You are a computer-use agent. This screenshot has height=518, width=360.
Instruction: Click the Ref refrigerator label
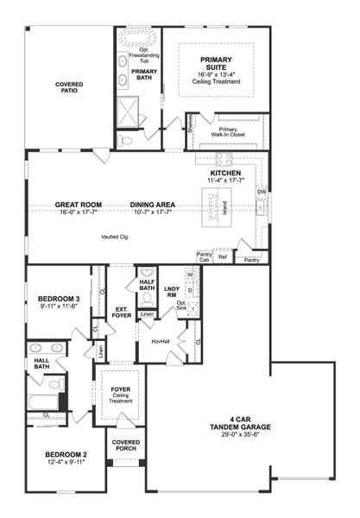click(x=223, y=256)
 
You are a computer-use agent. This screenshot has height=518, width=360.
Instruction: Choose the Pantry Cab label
click(x=205, y=256)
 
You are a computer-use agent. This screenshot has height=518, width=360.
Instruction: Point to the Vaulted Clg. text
click(x=114, y=236)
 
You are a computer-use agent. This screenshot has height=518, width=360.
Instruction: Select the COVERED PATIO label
click(x=69, y=88)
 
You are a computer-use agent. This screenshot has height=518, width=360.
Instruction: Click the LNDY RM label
click(x=171, y=290)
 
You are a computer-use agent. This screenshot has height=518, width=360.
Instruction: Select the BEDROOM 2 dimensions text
click(x=54, y=462)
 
